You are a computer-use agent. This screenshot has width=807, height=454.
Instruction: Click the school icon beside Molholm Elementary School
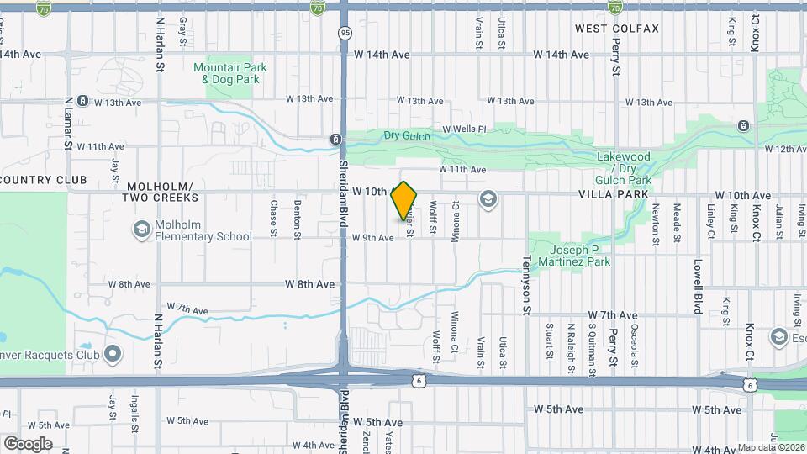point(141,229)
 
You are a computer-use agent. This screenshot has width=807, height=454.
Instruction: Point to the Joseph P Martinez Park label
point(581,256)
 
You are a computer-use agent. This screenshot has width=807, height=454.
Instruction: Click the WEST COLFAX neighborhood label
point(617,29)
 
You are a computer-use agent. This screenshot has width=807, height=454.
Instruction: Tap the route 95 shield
point(345,33)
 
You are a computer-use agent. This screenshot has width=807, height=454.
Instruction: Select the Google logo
point(28,443)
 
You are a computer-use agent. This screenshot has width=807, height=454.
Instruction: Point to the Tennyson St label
point(528,286)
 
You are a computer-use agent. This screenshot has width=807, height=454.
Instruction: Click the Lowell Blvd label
point(698,286)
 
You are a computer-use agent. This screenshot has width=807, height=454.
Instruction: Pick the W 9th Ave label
point(373,238)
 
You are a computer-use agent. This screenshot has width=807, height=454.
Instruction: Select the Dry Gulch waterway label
point(407,135)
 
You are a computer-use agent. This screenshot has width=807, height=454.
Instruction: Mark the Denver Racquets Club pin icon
point(112,354)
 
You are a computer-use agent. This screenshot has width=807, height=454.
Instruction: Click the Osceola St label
point(636,345)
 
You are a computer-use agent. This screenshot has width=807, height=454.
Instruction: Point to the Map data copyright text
point(771,447)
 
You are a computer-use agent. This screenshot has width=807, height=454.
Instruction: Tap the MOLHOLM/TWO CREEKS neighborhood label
point(161,192)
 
